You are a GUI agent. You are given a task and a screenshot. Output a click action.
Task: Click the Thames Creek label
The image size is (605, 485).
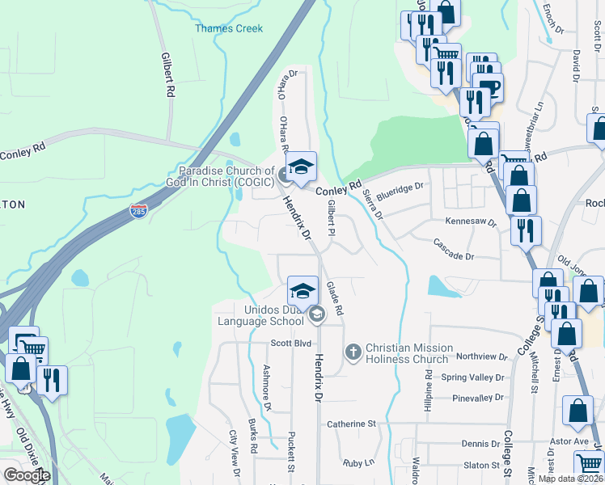pos(229,28)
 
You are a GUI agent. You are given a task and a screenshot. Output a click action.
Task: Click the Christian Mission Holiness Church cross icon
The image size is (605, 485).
pos(353,352)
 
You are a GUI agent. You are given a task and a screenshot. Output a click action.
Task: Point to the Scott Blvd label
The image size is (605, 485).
pos(291,343)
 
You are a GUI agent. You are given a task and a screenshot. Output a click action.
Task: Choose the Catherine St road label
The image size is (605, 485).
pos(352,424)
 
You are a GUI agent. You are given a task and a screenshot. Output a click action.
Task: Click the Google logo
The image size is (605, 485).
pos(26,475)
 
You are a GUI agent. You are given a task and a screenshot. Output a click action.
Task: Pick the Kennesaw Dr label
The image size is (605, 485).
pos(469,221)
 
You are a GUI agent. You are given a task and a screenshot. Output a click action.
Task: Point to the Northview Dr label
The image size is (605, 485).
pos(480,356)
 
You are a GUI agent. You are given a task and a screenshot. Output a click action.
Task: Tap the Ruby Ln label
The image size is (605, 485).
pos(359,463)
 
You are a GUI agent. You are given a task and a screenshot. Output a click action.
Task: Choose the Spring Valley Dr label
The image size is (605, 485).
pos(472,377)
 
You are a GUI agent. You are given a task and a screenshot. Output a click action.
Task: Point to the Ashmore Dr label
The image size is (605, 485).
pos(266,382)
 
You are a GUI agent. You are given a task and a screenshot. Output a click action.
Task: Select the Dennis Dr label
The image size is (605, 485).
pos(480,444)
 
